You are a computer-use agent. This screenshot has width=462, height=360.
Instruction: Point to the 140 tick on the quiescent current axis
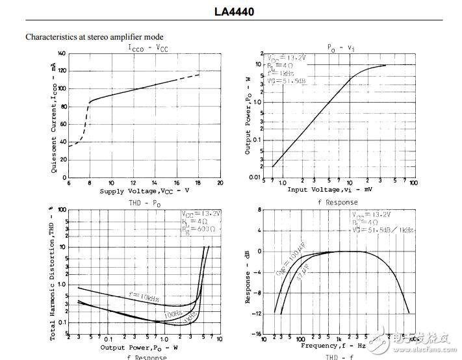62,53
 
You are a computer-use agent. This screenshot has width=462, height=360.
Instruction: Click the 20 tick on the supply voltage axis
220,183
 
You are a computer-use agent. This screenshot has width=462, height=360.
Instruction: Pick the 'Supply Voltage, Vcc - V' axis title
144,191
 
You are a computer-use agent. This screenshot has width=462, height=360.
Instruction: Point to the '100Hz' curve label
172,314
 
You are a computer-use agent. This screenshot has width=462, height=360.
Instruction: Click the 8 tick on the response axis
259,210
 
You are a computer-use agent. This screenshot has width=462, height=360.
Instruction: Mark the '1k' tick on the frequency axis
338,339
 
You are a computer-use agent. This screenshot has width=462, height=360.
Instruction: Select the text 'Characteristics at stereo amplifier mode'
94,37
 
